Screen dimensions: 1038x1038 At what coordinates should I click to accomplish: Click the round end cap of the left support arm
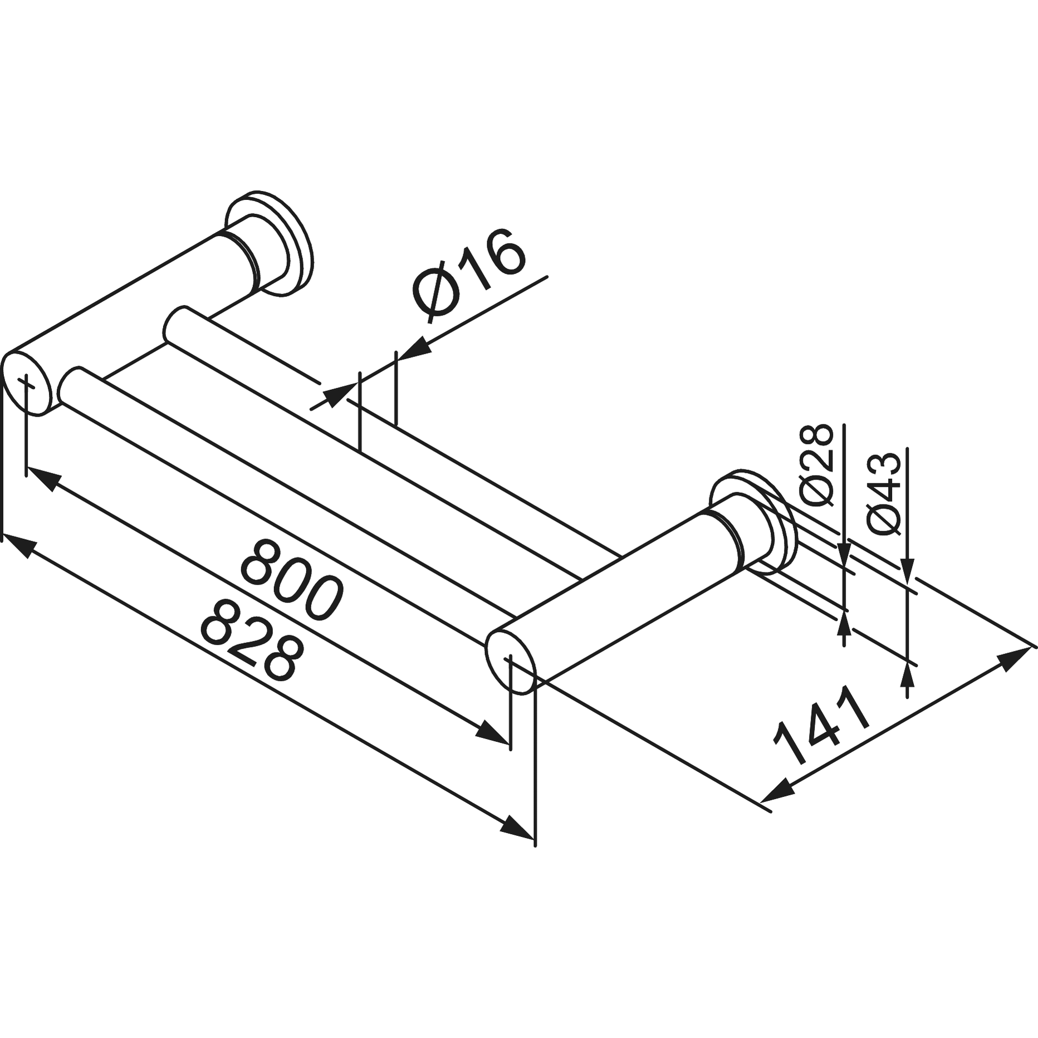(x=27, y=383)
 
